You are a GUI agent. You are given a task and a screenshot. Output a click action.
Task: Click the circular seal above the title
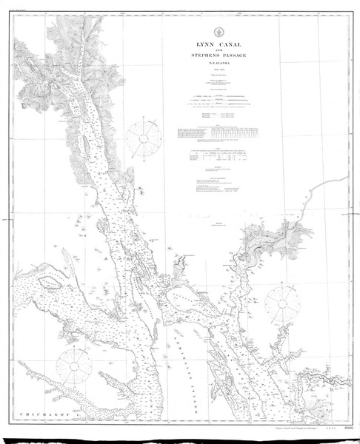[201, 31]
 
